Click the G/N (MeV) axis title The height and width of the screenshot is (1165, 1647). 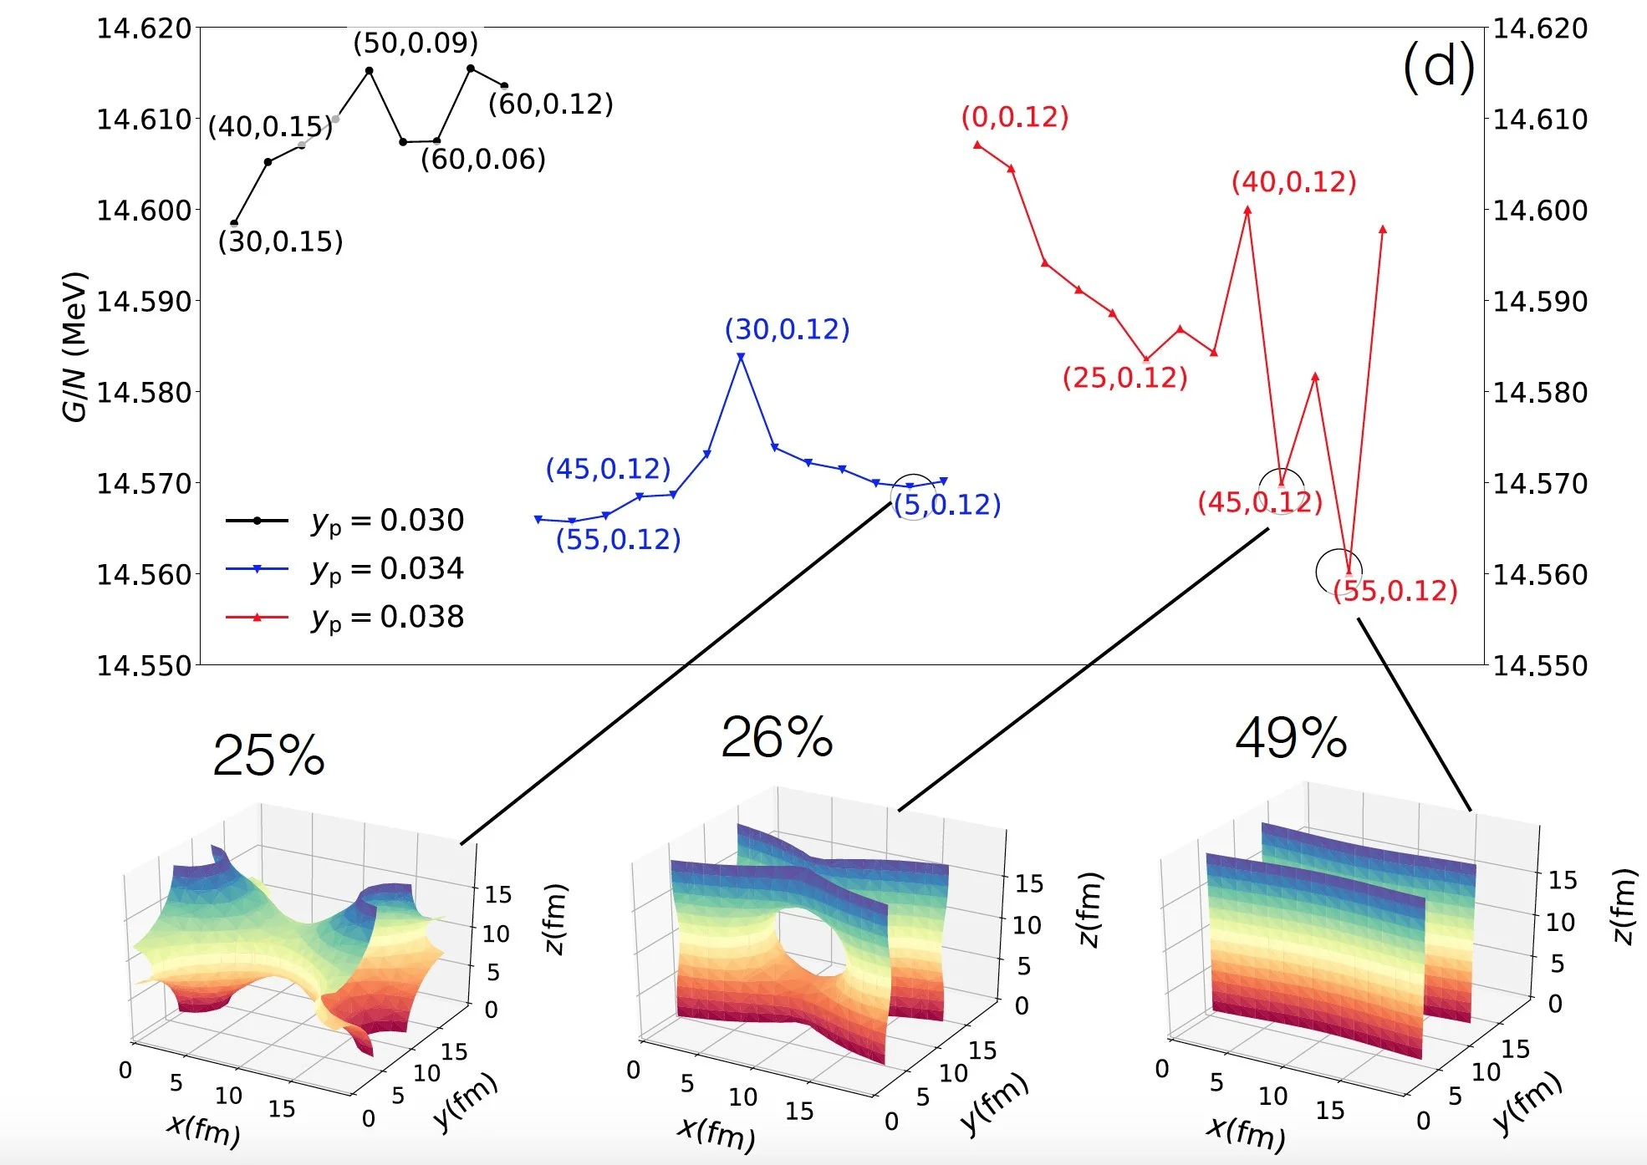[x=74, y=347]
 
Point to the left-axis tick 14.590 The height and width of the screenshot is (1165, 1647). [x=144, y=301]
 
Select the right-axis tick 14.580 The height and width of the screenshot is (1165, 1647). [x=1540, y=392]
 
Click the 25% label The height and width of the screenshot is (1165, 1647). [x=268, y=755]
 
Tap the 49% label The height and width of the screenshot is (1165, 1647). [x=1291, y=739]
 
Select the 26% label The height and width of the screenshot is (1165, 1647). [x=777, y=738]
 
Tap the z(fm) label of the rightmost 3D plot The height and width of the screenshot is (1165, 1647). [x=1623, y=906]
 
